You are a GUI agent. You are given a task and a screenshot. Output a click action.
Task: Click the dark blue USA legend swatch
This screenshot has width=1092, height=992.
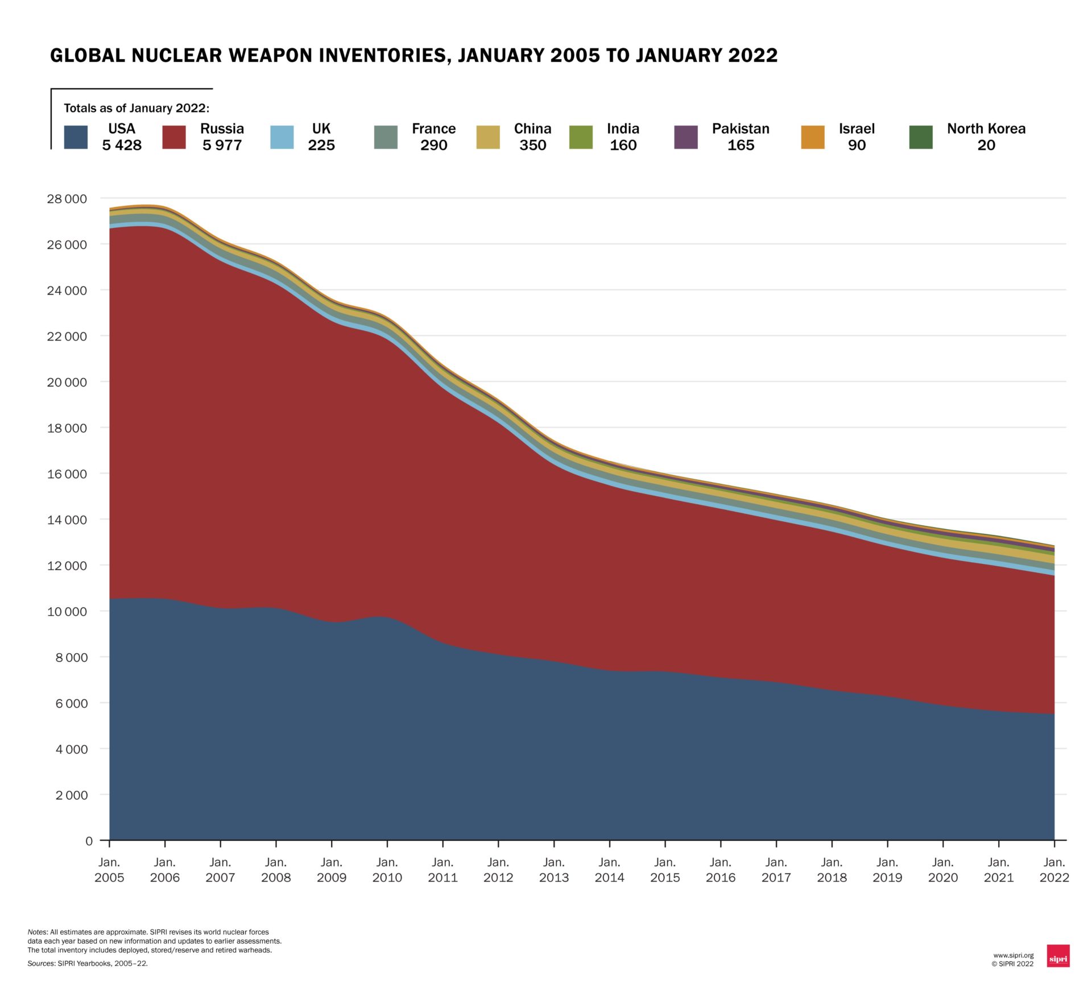76,137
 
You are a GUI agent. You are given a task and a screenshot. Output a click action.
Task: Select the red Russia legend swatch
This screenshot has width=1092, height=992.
174,137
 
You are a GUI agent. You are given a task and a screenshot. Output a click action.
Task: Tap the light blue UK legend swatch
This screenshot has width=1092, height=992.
282,137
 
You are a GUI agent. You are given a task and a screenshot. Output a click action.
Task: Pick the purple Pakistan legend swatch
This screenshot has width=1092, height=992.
685,137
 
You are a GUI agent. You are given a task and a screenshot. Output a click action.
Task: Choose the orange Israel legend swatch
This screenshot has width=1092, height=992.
813,137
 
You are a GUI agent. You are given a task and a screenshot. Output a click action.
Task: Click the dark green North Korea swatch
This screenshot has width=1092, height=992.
921,137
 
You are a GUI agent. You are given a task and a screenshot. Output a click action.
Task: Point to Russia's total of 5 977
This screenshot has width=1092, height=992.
222,146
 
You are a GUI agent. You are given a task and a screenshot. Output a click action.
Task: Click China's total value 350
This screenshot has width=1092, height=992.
532,146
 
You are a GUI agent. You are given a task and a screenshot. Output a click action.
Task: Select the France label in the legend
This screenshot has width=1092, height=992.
433,128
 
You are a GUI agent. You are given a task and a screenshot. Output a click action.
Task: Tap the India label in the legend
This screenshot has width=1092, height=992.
623,128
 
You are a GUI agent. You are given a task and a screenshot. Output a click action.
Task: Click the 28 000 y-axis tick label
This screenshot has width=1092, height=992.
67,199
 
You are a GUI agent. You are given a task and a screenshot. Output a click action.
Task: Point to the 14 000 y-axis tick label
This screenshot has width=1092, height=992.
67,520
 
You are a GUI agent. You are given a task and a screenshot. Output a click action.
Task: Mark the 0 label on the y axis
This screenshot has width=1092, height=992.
89,841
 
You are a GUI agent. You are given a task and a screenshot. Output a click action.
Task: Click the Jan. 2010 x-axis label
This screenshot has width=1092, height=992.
387,870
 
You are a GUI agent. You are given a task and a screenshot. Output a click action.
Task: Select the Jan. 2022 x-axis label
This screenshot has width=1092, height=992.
1054,870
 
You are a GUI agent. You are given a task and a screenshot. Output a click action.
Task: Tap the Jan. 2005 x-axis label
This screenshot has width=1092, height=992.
109,870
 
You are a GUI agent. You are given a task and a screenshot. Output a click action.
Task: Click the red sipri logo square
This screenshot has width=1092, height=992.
1058,956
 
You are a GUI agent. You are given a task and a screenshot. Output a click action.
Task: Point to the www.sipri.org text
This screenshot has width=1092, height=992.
1013,955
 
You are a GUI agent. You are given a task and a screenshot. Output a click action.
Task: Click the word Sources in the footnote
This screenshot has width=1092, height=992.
41,964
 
